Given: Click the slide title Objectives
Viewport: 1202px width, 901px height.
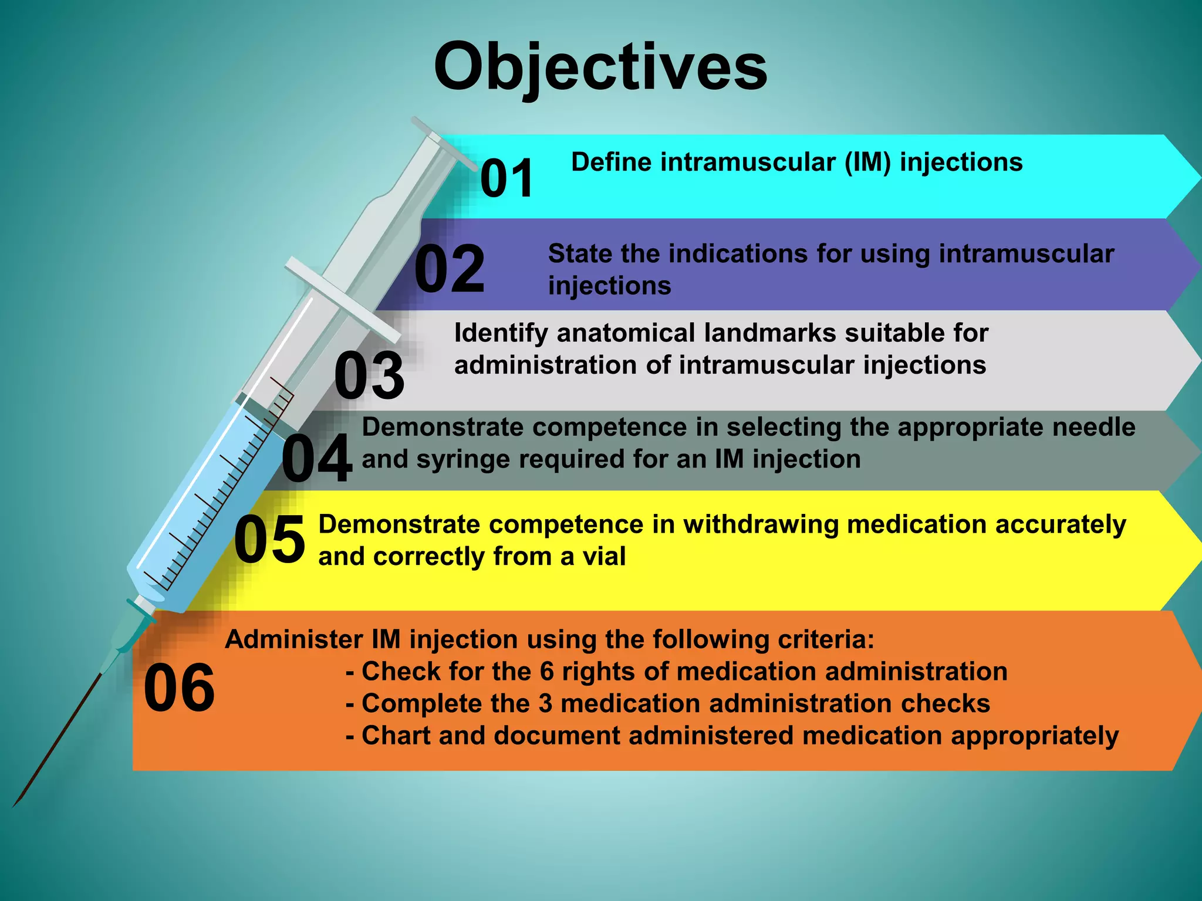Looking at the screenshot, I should [x=600, y=67].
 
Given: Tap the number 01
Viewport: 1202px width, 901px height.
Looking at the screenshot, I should [x=507, y=178].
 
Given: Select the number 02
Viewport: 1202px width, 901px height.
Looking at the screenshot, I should [x=450, y=269].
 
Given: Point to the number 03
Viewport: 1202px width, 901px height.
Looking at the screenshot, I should [x=369, y=375].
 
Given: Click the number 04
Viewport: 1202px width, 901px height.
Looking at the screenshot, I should [x=317, y=458].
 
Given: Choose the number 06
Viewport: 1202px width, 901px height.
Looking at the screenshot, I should [x=179, y=687].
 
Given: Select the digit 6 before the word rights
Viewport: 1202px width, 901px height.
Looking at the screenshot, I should [x=546, y=672].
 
